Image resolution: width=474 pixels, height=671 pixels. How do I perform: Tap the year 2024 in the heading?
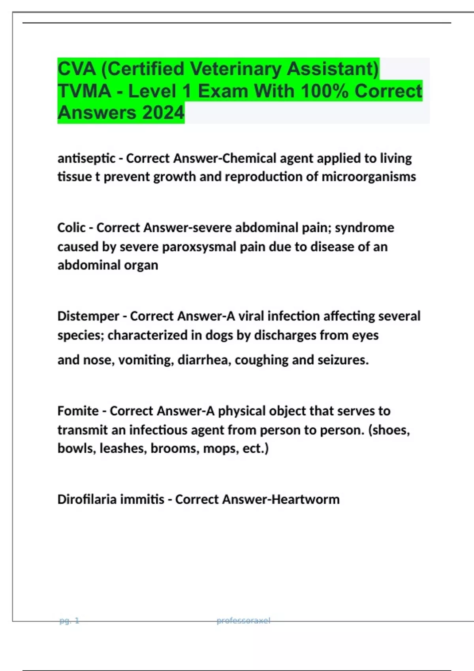(163, 112)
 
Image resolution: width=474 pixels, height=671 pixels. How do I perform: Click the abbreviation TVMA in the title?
(85, 91)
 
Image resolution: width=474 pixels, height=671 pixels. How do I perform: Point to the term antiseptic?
(87, 158)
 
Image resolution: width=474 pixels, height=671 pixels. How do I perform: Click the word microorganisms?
(369, 176)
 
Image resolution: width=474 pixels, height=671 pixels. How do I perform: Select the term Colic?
(71, 228)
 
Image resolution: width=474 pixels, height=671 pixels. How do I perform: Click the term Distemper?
(88, 316)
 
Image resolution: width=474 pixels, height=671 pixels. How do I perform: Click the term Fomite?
(78, 411)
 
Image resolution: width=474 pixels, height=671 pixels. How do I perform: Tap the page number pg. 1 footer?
(69, 621)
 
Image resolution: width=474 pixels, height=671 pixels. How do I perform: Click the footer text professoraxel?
(243, 621)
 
